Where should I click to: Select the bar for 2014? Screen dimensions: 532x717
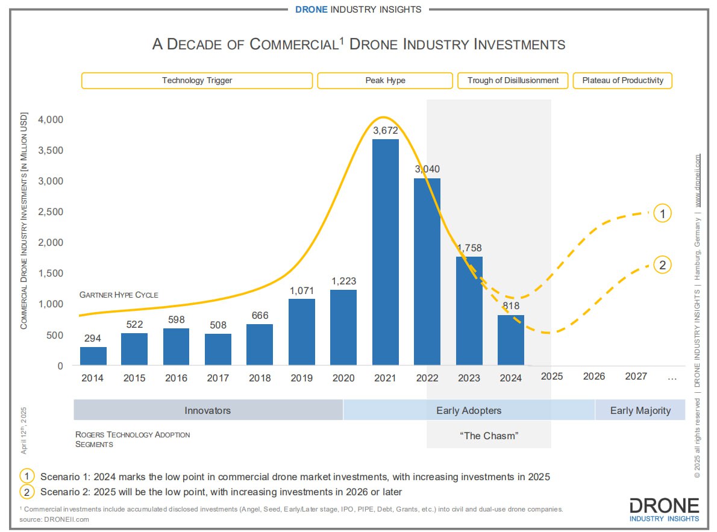click(x=93, y=356)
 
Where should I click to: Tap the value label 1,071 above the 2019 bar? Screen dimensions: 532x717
click(x=302, y=290)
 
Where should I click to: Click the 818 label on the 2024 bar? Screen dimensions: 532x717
click(x=511, y=307)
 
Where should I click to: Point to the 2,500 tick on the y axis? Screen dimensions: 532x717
click(x=51, y=211)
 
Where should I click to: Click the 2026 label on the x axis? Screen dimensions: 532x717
click(x=594, y=377)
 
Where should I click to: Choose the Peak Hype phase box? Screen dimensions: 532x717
click(x=385, y=80)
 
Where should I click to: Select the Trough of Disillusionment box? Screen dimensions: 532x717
click(x=513, y=80)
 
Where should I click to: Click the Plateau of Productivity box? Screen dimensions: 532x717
click(x=622, y=80)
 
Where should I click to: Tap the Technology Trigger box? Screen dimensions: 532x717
click(x=197, y=80)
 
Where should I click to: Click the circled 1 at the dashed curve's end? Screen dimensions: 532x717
click(x=662, y=213)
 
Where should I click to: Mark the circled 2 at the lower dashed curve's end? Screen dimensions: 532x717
click(x=662, y=264)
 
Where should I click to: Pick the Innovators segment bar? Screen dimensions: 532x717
click(x=208, y=410)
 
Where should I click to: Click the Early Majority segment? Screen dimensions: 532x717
click(x=640, y=410)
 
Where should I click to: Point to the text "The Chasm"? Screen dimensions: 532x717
click(x=489, y=436)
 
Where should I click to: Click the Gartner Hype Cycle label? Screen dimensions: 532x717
click(x=119, y=295)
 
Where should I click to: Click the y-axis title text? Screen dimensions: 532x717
click(x=25, y=220)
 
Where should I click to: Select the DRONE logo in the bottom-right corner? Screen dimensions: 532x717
click(x=664, y=509)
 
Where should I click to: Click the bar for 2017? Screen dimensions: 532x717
click(x=218, y=349)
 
